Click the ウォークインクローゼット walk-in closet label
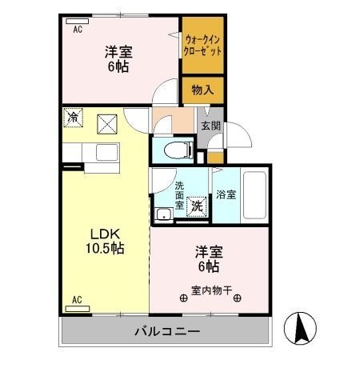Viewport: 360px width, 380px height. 202,44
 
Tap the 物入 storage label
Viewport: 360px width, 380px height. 202,90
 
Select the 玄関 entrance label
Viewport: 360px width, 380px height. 210,126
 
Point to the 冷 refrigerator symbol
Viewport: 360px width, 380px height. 73,117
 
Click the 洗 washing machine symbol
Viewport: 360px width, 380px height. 197,204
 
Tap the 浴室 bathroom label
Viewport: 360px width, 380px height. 226,194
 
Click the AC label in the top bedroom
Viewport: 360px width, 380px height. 78,30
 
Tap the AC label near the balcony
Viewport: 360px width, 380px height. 78,300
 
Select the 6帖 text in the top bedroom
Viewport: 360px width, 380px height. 117,67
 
